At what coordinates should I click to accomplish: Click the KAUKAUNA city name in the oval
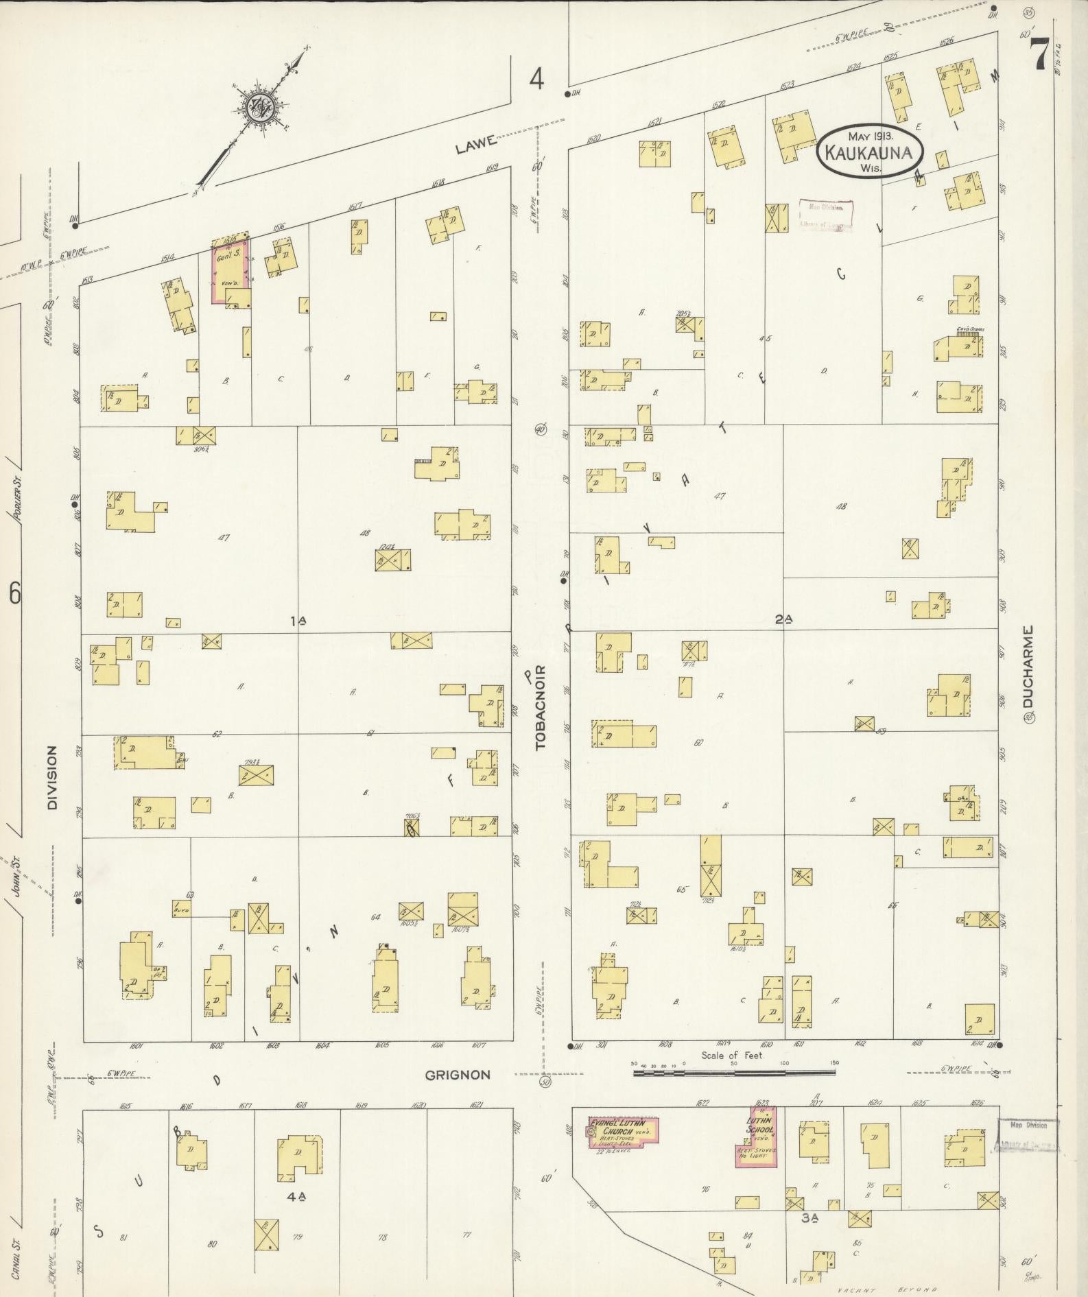point(869,152)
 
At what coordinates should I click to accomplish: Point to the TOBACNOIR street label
point(541,706)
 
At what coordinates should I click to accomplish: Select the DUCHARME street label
point(1027,666)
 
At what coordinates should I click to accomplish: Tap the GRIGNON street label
point(458,1075)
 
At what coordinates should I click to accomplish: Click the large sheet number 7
point(1038,53)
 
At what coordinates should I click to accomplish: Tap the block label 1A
point(298,621)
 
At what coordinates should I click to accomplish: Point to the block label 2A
point(783,619)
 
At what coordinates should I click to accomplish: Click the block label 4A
point(296,1196)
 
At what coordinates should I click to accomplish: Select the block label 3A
point(810,1218)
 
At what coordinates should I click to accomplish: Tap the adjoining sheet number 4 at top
point(536,80)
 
